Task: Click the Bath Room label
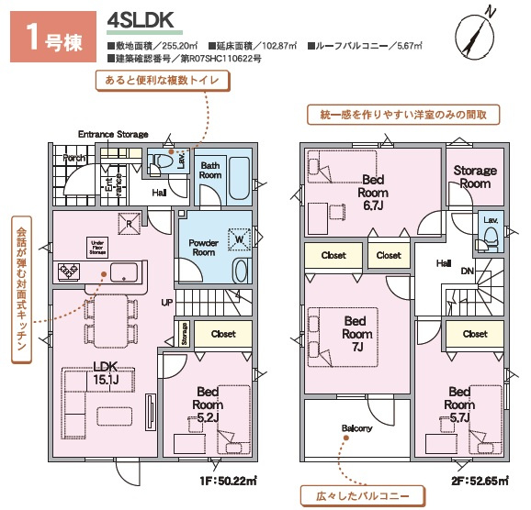211,169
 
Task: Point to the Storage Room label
475,176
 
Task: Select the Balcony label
356,428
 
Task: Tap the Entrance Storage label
112,134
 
